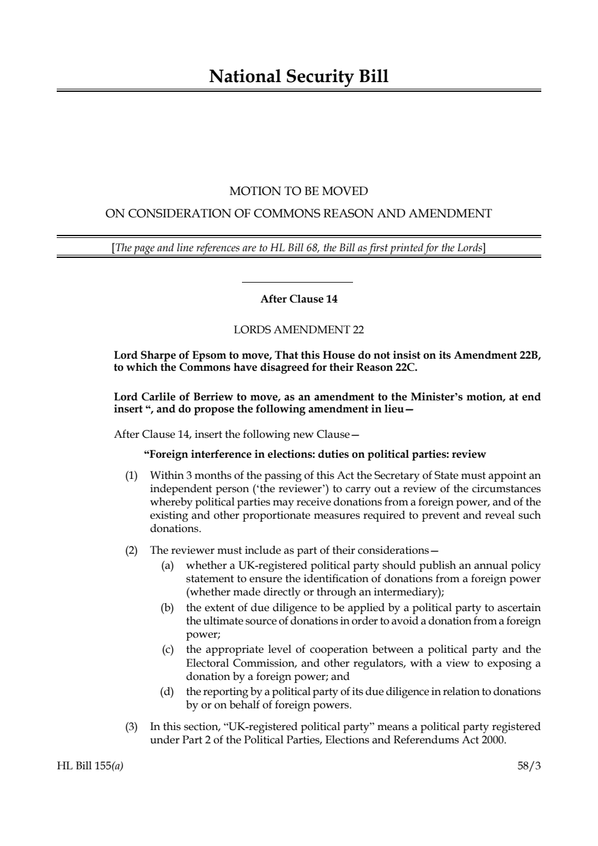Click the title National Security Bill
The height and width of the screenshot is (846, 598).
pyautogui.click(x=299, y=77)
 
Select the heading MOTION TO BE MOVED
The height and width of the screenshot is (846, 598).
pyautogui.click(x=299, y=191)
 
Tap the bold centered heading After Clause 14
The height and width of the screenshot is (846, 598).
pyautogui.click(x=299, y=299)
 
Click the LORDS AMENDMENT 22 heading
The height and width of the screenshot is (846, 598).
pyautogui.click(x=299, y=330)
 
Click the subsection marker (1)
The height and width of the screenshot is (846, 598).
pyautogui.click(x=131, y=475)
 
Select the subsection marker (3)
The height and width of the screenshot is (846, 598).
pyautogui.click(x=131, y=726)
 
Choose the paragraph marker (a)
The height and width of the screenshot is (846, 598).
pyautogui.click(x=167, y=566)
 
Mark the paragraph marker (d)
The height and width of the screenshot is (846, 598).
pyautogui.click(x=167, y=691)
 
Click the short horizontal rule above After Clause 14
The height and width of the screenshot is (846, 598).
pyautogui.click(x=297, y=282)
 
